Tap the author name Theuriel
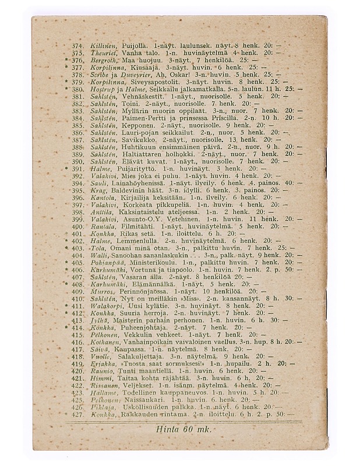tap(104, 52)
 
